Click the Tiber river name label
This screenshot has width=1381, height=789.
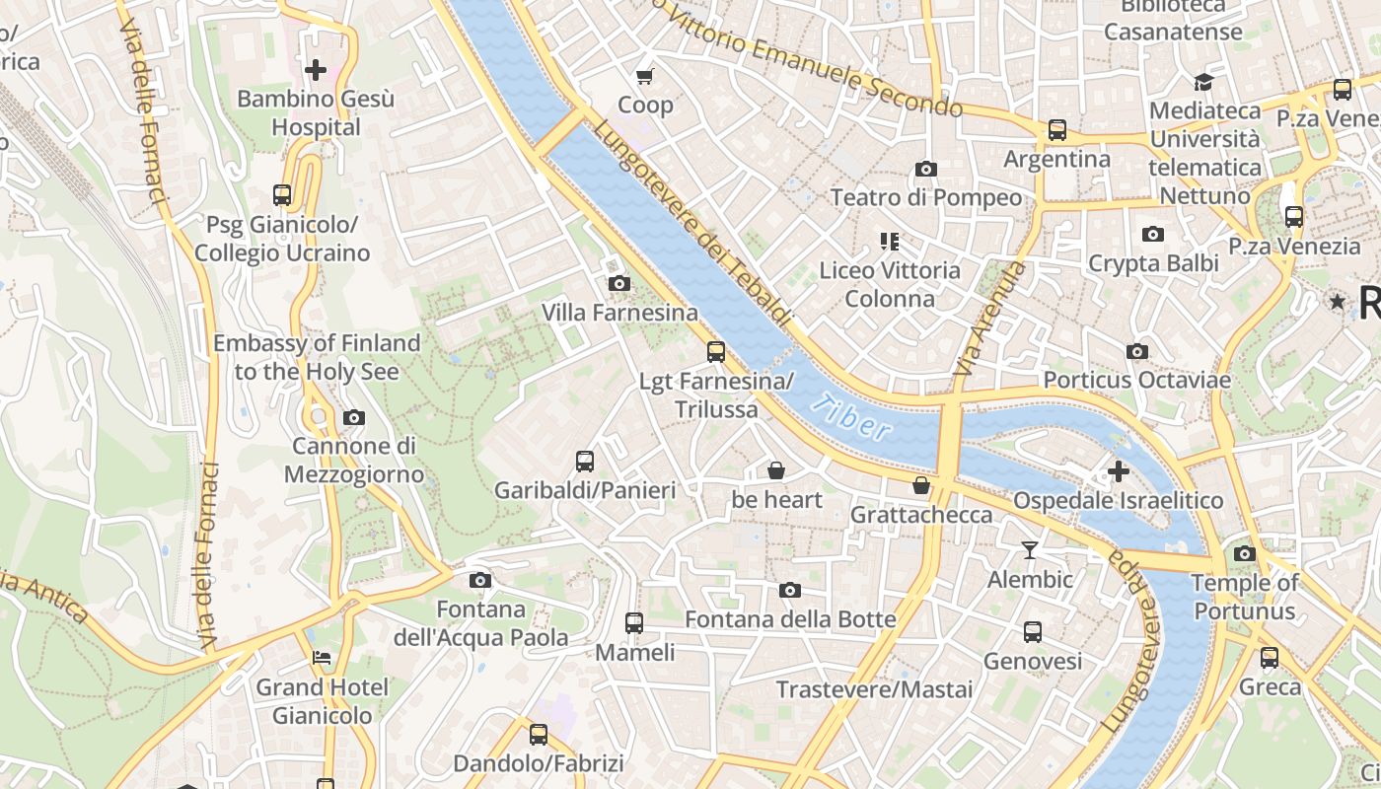(x=853, y=417)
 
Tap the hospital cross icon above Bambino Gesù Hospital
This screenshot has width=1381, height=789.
(x=316, y=70)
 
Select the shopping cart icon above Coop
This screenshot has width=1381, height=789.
(x=645, y=76)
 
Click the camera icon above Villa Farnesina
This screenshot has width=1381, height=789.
(x=619, y=284)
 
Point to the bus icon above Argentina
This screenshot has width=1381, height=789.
(x=1057, y=130)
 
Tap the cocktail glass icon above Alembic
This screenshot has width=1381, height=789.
(x=1030, y=550)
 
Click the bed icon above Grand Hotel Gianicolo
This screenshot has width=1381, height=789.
(x=322, y=658)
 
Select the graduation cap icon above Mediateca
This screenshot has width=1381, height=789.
(x=1203, y=82)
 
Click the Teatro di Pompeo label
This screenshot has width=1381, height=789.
(x=926, y=197)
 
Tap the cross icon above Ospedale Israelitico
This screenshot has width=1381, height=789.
(x=1118, y=471)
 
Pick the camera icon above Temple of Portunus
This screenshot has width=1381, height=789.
(x=1245, y=553)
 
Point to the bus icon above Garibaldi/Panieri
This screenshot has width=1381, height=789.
(x=585, y=461)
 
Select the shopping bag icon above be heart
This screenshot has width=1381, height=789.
(x=776, y=470)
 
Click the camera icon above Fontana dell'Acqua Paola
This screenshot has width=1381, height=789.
(x=480, y=580)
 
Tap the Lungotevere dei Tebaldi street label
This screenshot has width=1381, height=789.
(x=692, y=224)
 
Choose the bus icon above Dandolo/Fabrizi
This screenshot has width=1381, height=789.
(x=538, y=734)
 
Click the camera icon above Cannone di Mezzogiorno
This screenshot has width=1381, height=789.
(x=354, y=417)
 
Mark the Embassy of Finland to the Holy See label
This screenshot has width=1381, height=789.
(x=317, y=357)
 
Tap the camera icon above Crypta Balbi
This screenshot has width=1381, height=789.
(x=1152, y=234)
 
